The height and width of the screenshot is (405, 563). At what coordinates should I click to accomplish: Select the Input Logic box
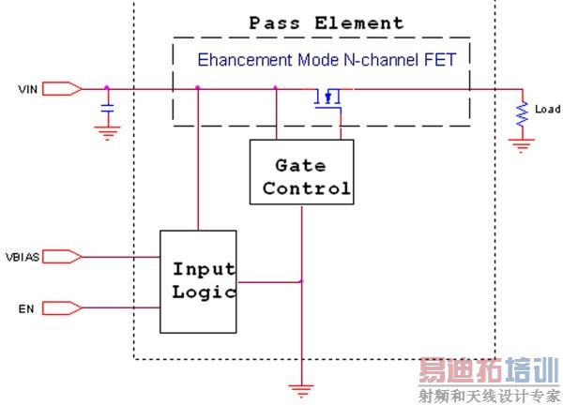199,279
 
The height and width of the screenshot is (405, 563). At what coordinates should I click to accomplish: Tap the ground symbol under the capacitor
108,133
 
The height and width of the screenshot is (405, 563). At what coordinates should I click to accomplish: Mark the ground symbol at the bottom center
301,386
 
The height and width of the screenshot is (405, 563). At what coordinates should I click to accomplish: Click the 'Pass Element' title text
327,23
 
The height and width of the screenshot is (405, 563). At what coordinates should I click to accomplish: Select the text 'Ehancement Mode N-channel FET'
327,60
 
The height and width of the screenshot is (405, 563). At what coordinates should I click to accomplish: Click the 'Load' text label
547,110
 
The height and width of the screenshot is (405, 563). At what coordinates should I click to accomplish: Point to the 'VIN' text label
26,90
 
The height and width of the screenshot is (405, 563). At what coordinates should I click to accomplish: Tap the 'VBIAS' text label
22,256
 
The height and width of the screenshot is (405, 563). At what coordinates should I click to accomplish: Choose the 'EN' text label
25,307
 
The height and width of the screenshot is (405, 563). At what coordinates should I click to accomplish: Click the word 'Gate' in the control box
300,165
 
